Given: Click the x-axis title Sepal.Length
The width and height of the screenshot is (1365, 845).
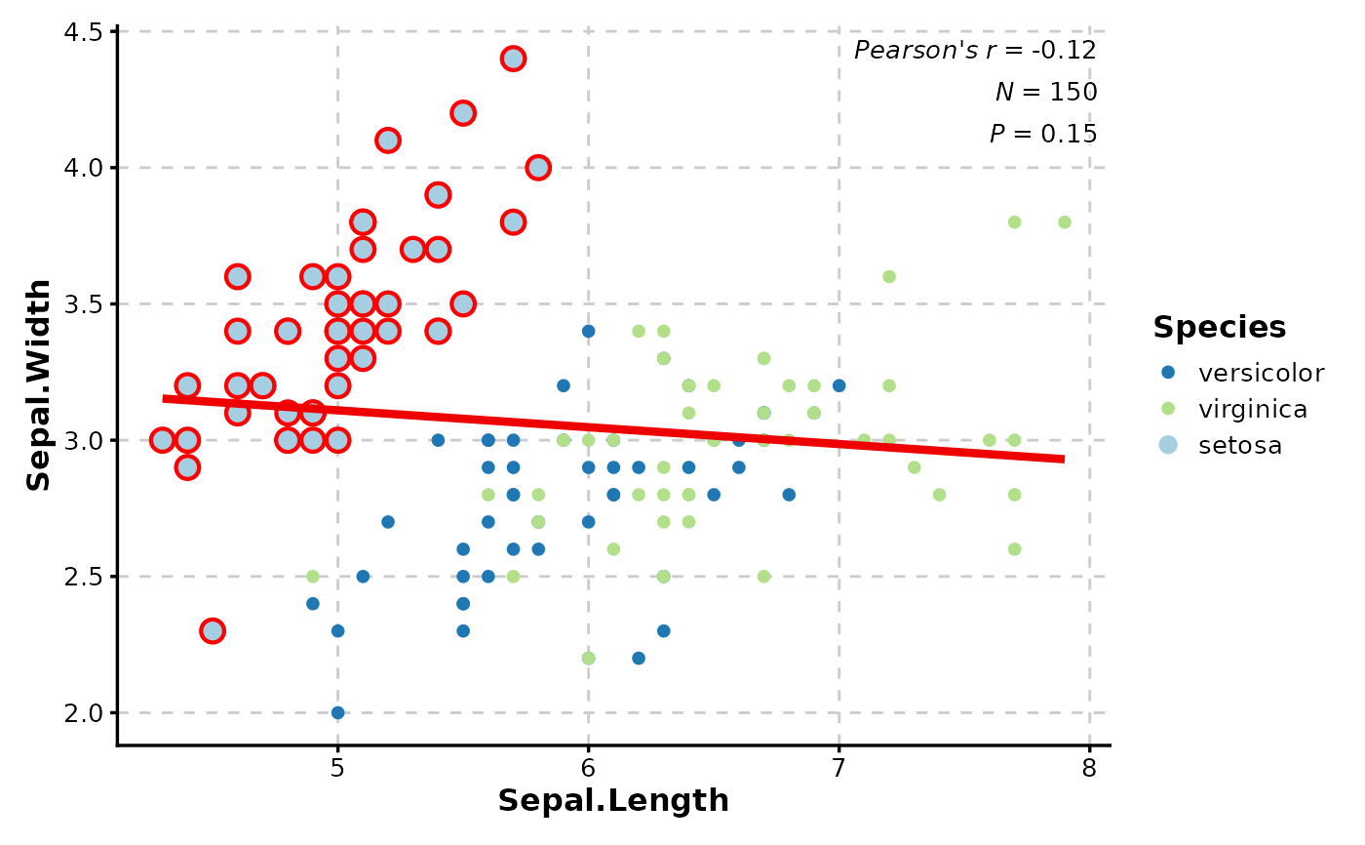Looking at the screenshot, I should tap(613, 801).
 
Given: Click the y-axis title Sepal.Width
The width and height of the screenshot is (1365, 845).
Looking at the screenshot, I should tap(39, 385).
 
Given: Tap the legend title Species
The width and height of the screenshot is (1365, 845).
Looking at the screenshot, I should tap(1219, 328).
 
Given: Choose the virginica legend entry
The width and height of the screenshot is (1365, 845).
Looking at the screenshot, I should tap(1253, 409).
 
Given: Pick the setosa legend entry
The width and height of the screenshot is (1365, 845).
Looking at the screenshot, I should tap(1240, 446).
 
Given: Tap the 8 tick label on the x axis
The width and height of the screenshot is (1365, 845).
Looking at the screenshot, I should tap(1089, 767).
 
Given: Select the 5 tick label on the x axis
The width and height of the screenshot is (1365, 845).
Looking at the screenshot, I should tap(337, 767).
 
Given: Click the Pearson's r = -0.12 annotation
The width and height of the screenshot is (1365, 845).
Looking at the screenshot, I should tap(975, 51).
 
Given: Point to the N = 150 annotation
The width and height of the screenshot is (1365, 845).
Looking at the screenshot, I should tap(1046, 93).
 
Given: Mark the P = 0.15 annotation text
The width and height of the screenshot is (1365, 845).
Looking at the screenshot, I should tap(1043, 135).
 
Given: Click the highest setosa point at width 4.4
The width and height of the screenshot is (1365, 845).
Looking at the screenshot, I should tap(513, 59).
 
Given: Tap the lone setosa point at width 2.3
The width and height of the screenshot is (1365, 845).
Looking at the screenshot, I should tap(213, 630).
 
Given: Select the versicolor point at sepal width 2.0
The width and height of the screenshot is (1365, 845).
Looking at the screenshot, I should tap(337, 712).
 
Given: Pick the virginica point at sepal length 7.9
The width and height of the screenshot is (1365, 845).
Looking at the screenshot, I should tap(1064, 222).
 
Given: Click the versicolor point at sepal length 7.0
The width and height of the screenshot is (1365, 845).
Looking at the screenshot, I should tap(838, 385).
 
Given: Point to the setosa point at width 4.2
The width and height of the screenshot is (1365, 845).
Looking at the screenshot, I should tap(463, 113).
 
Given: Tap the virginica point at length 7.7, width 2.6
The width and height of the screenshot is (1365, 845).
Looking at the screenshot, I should tap(1014, 549).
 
